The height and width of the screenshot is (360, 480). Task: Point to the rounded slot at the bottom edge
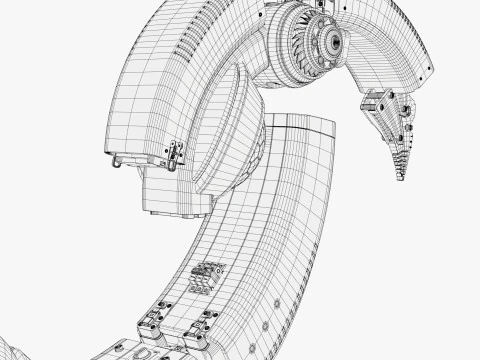click(146, 351)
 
